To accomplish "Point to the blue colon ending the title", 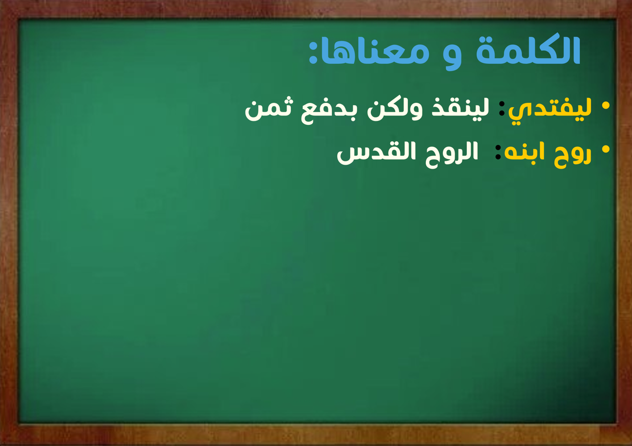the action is pos(313,52).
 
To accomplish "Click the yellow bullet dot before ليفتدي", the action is pos(606,106).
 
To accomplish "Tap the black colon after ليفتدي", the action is pos(502,109).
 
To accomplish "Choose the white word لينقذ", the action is pos(460,109).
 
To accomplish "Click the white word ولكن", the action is pos(395,110).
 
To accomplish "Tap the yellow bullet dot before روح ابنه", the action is pos(606,149).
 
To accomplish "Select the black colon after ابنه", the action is pos(498,153).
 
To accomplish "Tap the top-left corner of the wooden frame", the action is pos(0,0).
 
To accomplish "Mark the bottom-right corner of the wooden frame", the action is pos(632,446).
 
